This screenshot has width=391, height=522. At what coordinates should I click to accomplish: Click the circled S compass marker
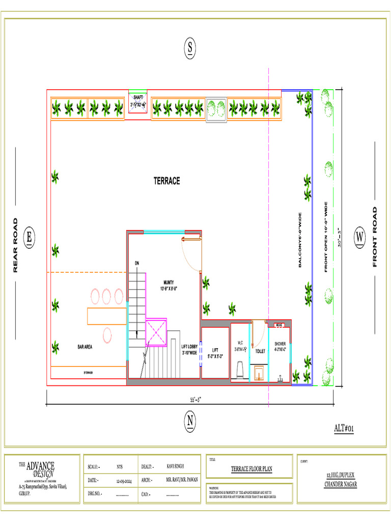click(189, 48)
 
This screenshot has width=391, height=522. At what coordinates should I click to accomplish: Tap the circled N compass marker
click(190, 421)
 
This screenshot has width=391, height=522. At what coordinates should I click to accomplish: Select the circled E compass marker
click(29, 237)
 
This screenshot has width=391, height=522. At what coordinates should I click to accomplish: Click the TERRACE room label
click(166, 181)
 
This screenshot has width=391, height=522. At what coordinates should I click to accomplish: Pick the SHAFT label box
click(138, 101)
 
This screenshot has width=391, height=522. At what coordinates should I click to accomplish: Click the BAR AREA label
click(85, 347)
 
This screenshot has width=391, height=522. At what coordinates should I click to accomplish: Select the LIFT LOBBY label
click(189, 350)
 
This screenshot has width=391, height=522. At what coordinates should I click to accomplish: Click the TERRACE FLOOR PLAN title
click(252, 469)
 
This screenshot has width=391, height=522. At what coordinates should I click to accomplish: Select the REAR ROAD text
click(15, 245)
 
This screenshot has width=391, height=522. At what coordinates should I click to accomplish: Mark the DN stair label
click(137, 263)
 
